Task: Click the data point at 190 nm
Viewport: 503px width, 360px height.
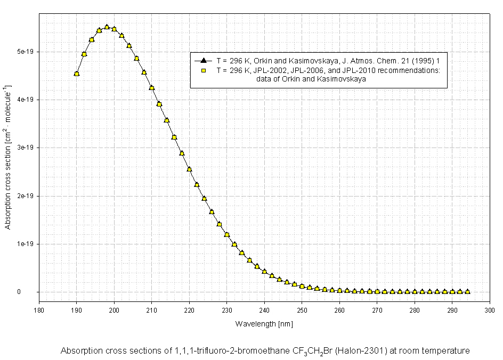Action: pos(77,73)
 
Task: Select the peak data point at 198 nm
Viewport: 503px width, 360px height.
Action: pos(107,27)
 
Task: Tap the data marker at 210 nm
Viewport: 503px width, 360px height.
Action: pos(152,88)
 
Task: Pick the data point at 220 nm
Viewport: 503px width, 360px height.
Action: pos(189,169)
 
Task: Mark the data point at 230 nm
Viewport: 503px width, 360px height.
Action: pos(227,234)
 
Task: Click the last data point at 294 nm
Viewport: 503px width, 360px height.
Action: pos(467,292)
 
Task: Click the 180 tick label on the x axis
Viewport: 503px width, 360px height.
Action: pos(39,309)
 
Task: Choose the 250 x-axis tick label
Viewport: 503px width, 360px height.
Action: pos(302,309)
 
